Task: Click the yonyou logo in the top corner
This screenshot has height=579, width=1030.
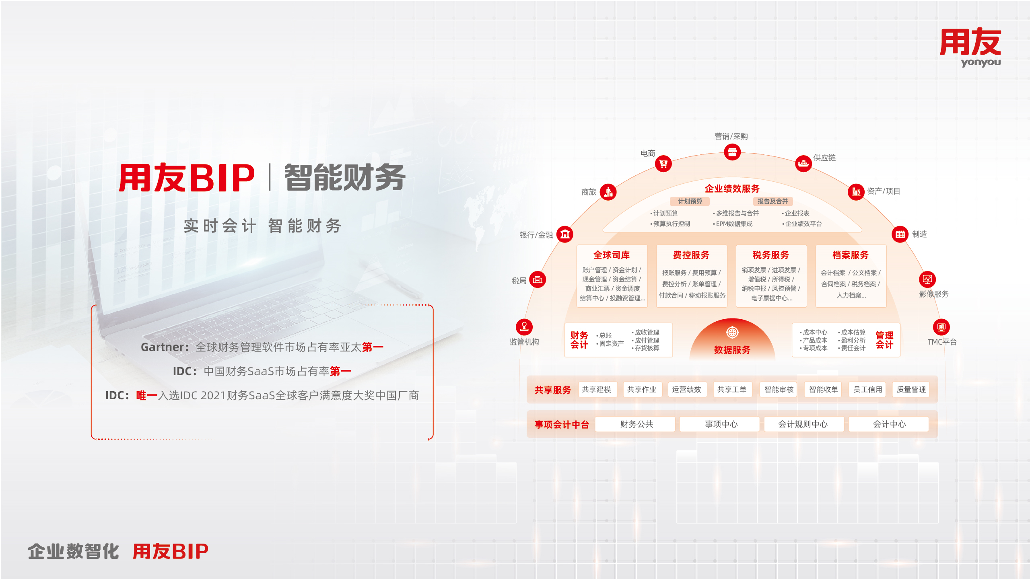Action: (x=970, y=47)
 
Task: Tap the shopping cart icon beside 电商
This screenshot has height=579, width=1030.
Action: (x=663, y=164)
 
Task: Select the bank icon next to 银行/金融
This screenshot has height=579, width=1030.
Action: (x=565, y=234)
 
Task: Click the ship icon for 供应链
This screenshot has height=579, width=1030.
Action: (x=803, y=163)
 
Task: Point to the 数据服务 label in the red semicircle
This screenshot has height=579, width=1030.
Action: (x=732, y=350)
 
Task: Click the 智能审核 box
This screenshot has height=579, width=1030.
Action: (x=779, y=389)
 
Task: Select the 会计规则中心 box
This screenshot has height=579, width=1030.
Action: (x=803, y=424)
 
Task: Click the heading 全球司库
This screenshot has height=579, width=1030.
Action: (x=612, y=255)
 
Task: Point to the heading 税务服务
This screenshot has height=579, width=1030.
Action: (x=771, y=255)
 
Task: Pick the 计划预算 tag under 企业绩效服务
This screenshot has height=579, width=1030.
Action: (x=690, y=201)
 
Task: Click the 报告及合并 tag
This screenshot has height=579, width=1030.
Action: (x=773, y=201)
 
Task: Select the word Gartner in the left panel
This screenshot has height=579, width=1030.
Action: (x=163, y=347)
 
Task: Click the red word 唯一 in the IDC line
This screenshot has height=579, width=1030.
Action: (x=147, y=395)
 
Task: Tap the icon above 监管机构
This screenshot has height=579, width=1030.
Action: (x=524, y=327)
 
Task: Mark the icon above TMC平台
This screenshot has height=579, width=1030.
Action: (x=941, y=327)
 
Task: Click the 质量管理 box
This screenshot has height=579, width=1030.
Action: (x=911, y=389)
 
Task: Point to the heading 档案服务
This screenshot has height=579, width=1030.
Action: (x=851, y=255)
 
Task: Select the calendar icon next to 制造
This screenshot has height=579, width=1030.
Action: (x=900, y=234)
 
